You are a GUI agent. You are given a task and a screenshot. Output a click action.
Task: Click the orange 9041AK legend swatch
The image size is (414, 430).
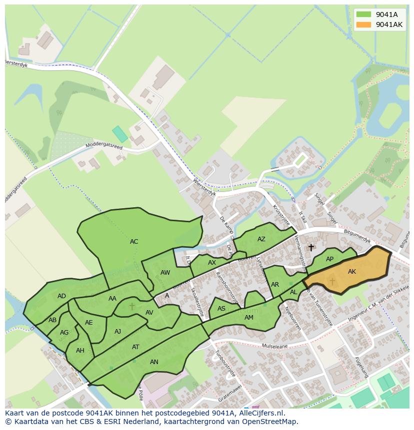[x=364, y=24]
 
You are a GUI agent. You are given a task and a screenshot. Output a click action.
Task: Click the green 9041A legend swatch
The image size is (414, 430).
[x=364, y=14]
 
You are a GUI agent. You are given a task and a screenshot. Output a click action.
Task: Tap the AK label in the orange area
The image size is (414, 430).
[x=352, y=272]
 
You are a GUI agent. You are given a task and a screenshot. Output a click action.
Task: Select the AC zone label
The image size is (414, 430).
[x=134, y=242]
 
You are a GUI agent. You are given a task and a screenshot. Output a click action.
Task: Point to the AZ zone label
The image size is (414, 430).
[x=261, y=239]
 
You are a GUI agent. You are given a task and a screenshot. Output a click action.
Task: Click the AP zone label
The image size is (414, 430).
[x=329, y=259]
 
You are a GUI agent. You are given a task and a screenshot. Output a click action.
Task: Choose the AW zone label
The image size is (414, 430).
[x=165, y=273]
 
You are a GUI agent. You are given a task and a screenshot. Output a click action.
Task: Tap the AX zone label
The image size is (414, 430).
[x=212, y=263]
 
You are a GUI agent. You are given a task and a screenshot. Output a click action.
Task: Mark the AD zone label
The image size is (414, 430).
[x=61, y=296]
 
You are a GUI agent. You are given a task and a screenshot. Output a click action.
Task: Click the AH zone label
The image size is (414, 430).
[x=80, y=351]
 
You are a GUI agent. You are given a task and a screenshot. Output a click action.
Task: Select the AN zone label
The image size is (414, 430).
[x=154, y=362]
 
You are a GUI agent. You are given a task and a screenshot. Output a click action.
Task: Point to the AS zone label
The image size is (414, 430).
[x=221, y=309]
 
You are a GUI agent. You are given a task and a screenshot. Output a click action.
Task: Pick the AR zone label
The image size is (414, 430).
[x=275, y=285]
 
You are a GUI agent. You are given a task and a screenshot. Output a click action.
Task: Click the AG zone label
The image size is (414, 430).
[x=64, y=333]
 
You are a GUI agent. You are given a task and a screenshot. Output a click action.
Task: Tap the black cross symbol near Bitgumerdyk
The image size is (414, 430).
[x=311, y=247]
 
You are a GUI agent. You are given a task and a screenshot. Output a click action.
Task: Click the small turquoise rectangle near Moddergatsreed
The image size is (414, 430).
[x=120, y=134]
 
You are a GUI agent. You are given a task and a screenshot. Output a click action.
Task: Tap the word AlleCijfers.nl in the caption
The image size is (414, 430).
[x=260, y=414]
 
